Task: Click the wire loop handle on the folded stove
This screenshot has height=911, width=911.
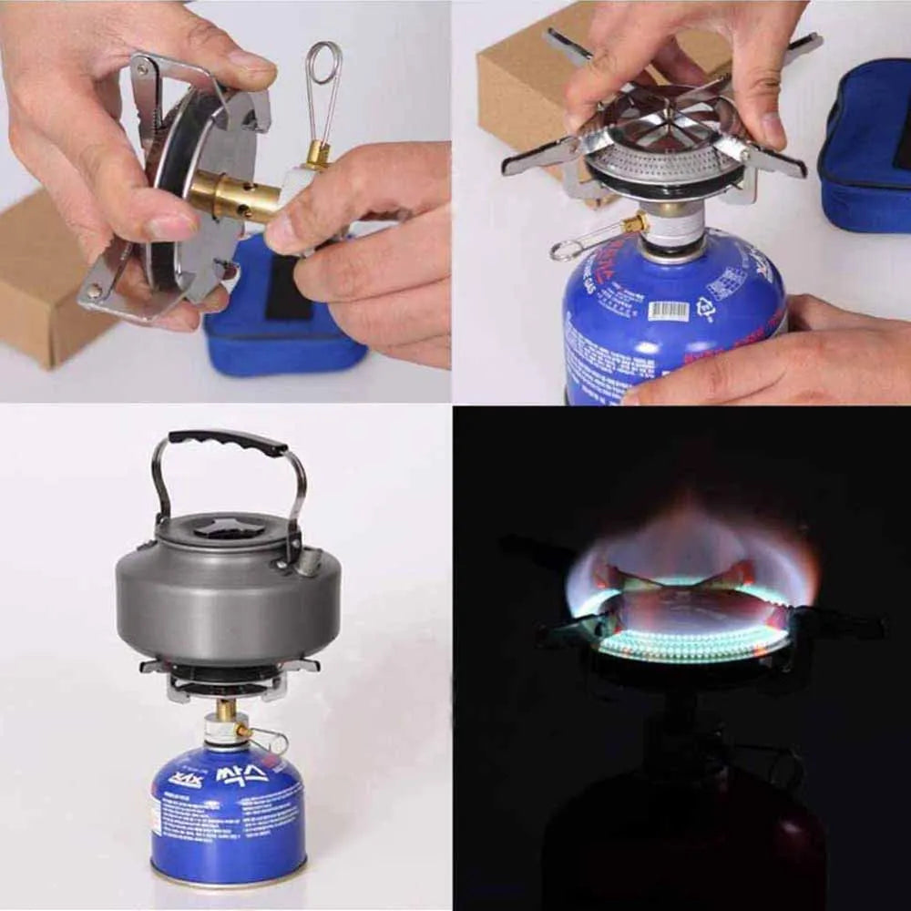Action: [324, 82]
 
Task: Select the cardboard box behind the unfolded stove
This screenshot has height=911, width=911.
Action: [519, 73]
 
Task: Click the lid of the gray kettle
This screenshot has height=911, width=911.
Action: [228, 528]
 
